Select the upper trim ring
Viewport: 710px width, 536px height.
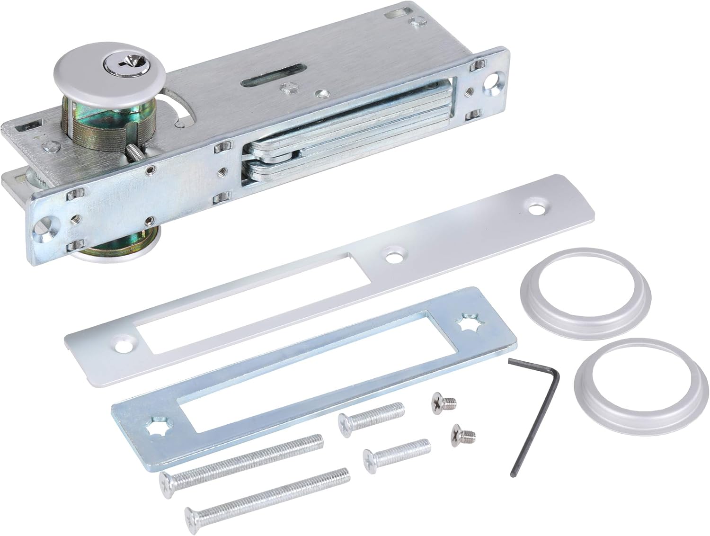tap(585, 293)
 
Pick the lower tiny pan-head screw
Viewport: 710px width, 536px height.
tap(462, 432)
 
